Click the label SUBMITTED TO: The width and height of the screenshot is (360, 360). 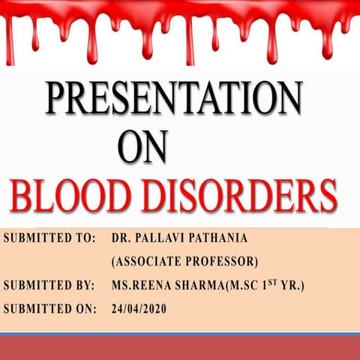[49, 238]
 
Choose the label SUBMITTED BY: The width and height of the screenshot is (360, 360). [49, 286]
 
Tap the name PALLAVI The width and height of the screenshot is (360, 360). [165, 238]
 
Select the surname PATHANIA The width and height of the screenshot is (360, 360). [227, 238]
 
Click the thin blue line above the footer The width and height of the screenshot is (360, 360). [180, 334]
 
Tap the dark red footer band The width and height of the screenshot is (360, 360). [180, 349]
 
